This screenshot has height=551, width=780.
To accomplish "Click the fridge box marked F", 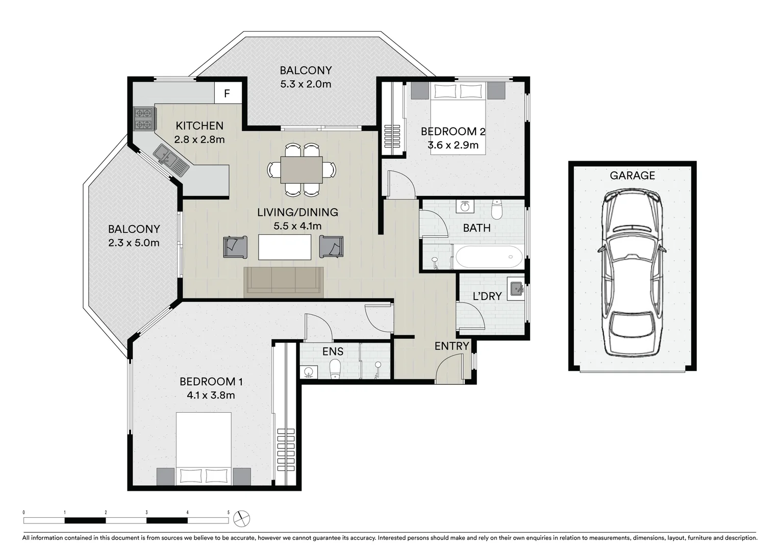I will pyautogui.click(x=227, y=93).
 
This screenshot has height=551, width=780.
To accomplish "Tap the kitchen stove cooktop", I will pyautogui.click(x=143, y=118).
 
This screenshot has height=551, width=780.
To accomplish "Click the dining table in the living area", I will pyautogui.click(x=301, y=170).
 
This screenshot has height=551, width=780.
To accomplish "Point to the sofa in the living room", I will pyautogui.click(x=284, y=282).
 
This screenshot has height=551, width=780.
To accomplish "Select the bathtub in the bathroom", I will pyautogui.click(x=489, y=257).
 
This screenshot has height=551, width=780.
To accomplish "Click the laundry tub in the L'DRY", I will pyautogui.click(x=516, y=289).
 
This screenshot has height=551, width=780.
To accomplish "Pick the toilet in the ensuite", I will pyautogui.click(x=335, y=369).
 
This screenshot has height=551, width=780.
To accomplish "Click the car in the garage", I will pyautogui.click(x=632, y=273).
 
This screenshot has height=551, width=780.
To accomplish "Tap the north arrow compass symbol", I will pyautogui.click(x=241, y=519).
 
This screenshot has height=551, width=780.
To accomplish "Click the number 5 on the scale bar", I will pyautogui.click(x=228, y=512).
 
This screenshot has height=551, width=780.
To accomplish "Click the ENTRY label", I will pyautogui.click(x=451, y=346).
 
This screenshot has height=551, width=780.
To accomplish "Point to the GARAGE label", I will pyautogui.click(x=632, y=176).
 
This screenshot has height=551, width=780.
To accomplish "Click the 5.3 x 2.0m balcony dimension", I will pyautogui.click(x=306, y=84).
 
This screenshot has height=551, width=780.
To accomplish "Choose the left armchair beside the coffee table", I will pyautogui.click(x=235, y=246).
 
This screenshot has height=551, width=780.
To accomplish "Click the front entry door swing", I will pyautogui.click(x=449, y=368).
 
